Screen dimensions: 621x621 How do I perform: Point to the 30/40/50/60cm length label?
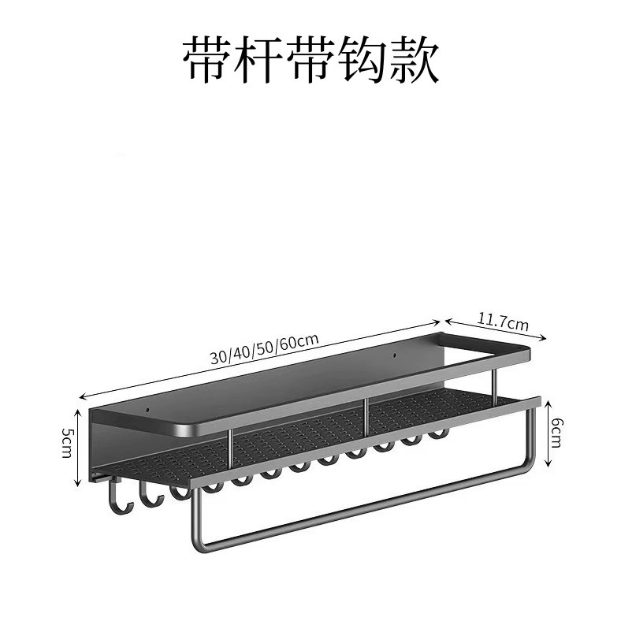click(x=264, y=349)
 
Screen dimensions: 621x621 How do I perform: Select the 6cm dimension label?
click(x=556, y=432)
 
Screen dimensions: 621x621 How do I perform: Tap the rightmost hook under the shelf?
click(x=438, y=434)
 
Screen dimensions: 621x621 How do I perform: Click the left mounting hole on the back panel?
click(x=147, y=410)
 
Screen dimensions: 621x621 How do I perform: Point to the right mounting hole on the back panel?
click(x=395, y=355)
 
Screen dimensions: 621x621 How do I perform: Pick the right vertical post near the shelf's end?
click(x=494, y=382)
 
